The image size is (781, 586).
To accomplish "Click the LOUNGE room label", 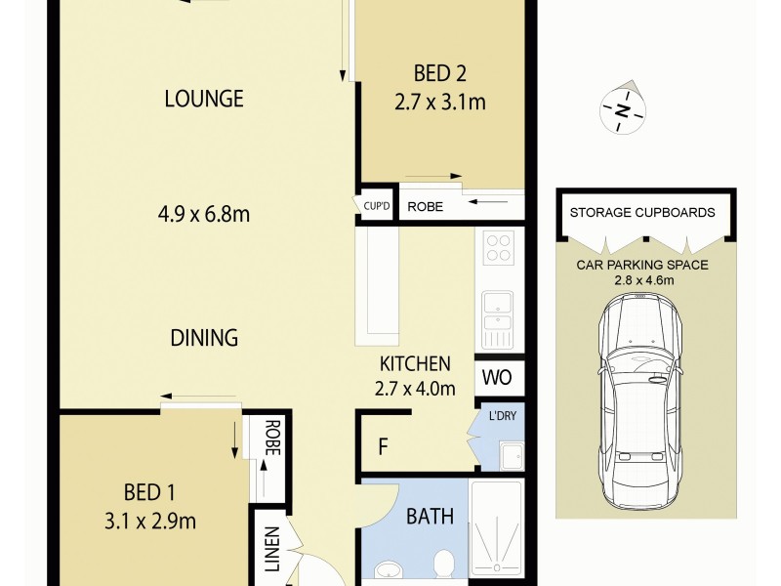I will coord(203,99).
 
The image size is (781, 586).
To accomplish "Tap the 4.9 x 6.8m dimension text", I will coord(203,214).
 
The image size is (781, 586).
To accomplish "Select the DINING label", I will coord(204,338).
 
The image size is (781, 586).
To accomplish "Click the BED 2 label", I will coord(438,72).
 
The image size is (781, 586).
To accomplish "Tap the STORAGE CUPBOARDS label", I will coord(641,212).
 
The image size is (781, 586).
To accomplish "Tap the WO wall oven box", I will coord(499,376).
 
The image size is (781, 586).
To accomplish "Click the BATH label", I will coord(430,516).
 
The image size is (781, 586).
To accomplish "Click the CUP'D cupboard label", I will coord(376,206).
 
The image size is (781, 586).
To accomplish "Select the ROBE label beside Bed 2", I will coord(426,206).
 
